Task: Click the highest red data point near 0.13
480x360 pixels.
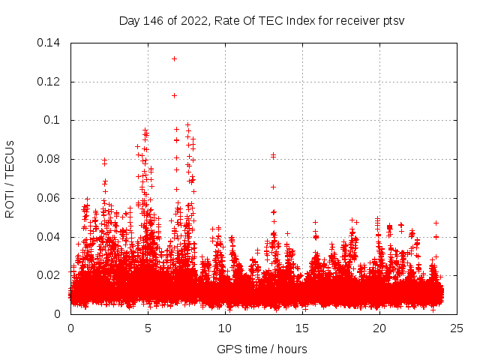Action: pos(174,58)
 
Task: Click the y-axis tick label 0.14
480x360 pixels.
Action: pos(49,43)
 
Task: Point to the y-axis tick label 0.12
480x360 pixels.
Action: pos(49,82)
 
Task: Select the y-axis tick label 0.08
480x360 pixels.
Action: pos(49,159)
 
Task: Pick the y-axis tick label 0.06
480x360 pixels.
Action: pos(49,198)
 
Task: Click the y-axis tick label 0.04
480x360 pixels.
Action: pos(49,237)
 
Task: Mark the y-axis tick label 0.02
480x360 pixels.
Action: pos(49,275)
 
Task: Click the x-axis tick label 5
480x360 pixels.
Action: pos(148,328)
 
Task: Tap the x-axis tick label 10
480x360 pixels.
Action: pos(225,328)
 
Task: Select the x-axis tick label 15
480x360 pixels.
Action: pos(302,328)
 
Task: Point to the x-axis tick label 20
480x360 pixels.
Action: pos(379,328)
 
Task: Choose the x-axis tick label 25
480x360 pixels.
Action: pos(457,328)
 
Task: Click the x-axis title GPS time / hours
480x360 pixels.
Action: pos(262,349)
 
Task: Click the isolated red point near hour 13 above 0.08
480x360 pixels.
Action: pos(273,155)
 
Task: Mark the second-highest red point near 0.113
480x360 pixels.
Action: pos(174,95)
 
